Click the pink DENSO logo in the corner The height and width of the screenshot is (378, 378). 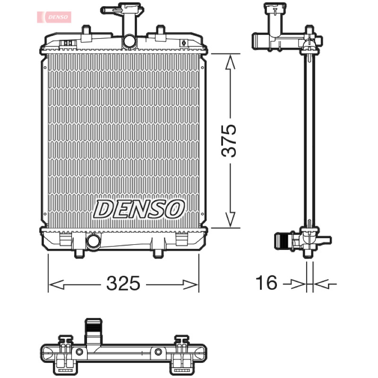pos(54,17)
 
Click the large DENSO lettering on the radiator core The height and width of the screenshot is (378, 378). pos(139,209)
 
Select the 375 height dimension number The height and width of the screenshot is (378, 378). pos(229,141)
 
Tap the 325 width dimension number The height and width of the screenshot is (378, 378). pos(123,283)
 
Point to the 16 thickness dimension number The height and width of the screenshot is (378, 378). pos(266,283)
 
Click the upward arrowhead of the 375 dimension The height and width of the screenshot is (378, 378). pos(230,62)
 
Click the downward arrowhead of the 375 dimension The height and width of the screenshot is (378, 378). pos(230,219)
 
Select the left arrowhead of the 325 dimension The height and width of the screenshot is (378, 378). pos(56,285)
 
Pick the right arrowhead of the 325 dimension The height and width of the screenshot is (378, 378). pos(190,285)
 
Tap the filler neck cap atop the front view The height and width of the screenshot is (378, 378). pos(122,9)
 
